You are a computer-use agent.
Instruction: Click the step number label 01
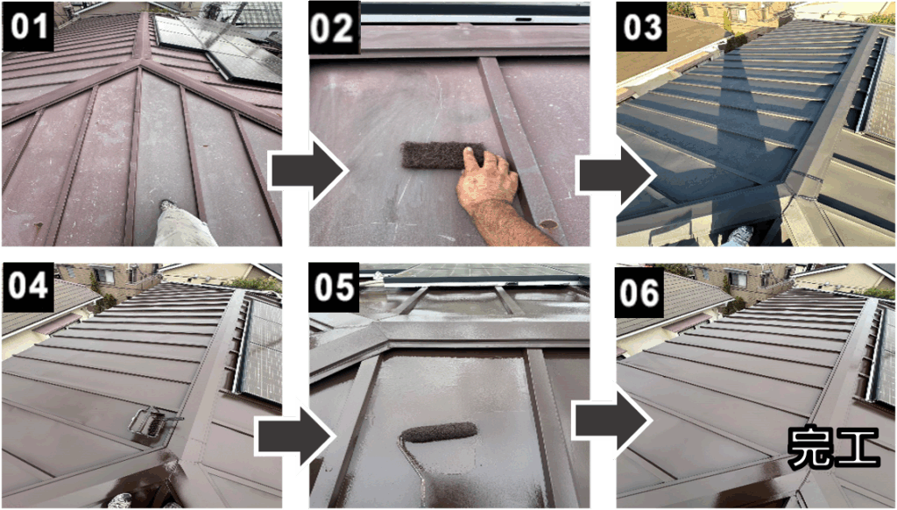click(29, 26)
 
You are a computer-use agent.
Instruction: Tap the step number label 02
click(334, 27)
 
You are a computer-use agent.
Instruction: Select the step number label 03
click(642, 27)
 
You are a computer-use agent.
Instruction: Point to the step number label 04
click(28, 285)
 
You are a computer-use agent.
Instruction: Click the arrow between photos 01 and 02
click(307, 171)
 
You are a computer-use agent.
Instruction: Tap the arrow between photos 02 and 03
click(617, 175)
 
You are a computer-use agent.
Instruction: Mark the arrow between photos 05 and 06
click(612, 421)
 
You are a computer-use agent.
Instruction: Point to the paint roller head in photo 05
click(439, 432)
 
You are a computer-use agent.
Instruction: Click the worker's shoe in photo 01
click(167, 205)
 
